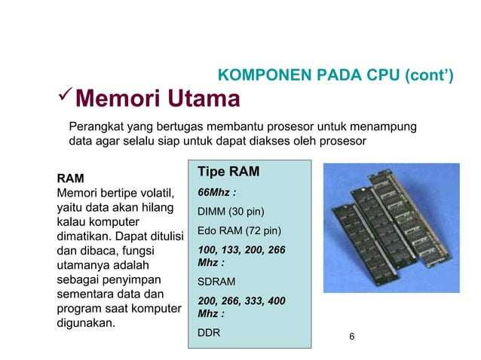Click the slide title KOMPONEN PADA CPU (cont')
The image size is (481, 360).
coord(335,75)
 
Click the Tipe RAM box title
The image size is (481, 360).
coord(228,172)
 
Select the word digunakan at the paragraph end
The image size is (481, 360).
coord(86,324)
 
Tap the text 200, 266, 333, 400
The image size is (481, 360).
coord(241,301)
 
